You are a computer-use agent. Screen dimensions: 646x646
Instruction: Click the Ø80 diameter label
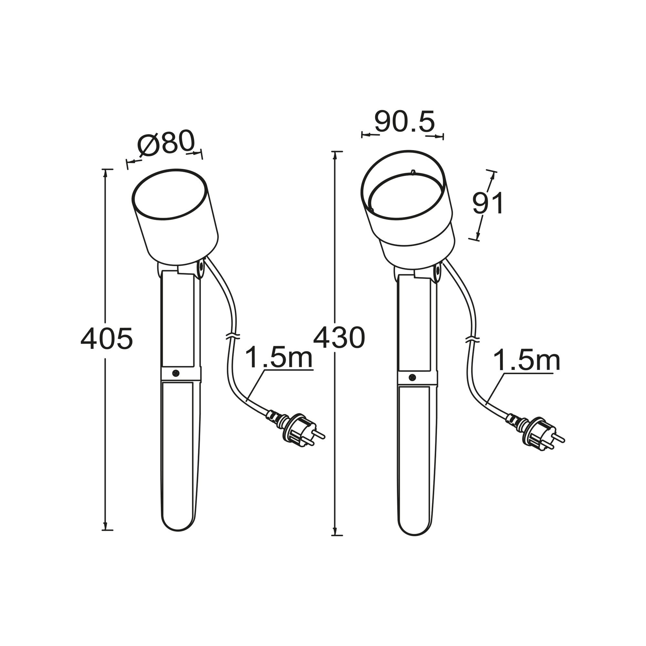tap(166, 143)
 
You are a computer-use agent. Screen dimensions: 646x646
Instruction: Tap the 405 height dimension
tap(107, 339)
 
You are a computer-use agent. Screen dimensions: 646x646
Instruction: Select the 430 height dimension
tap(339, 338)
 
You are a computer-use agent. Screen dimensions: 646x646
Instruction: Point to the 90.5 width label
tap(404, 122)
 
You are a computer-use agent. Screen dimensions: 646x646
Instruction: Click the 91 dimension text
tap(488, 203)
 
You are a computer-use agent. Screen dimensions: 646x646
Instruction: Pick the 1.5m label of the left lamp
tap(278, 357)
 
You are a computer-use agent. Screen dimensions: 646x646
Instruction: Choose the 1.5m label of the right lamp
tap(526, 360)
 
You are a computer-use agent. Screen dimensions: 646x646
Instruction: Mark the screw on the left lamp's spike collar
tap(175, 373)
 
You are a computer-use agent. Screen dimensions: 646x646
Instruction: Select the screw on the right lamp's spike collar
tap(412, 378)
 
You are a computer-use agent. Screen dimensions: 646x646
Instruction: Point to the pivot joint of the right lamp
tap(438, 272)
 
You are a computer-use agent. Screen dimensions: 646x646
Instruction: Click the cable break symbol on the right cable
tap(473, 340)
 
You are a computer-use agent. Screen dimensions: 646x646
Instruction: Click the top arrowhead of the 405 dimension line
tap(105, 173)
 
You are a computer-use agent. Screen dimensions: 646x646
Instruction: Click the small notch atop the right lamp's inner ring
tap(413, 172)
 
